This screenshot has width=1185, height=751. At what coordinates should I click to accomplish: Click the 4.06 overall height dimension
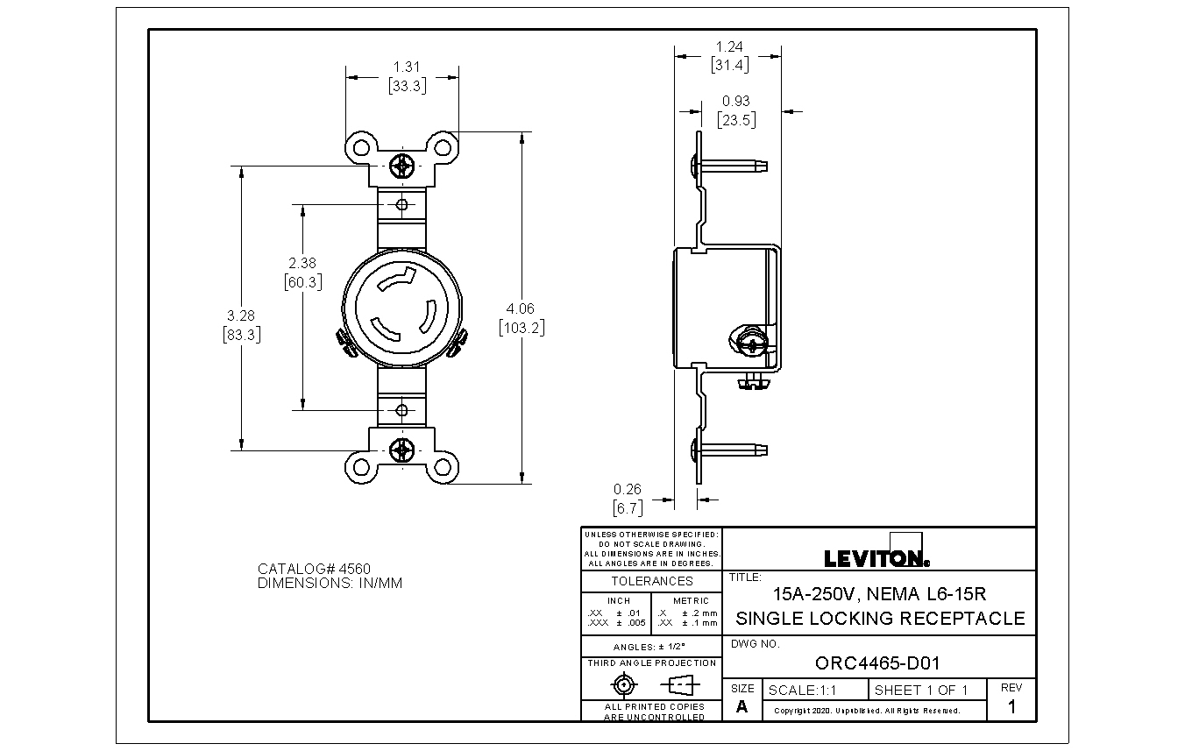click(x=521, y=308)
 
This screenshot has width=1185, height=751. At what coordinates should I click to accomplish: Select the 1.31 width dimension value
click(x=407, y=67)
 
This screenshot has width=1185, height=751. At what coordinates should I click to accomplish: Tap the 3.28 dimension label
click(x=241, y=315)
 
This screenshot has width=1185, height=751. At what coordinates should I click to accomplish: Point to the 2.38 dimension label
click(x=302, y=263)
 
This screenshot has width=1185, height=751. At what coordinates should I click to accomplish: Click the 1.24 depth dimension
click(x=729, y=47)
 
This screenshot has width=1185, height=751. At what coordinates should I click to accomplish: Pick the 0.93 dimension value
click(x=736, y=101)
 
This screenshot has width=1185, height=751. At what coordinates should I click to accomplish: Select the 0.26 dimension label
click(x=627, y=489)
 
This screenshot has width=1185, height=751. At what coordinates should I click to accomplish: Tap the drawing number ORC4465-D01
click(x=877, y=663)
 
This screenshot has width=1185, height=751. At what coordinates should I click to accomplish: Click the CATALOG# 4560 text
click(x=314, y=569)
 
